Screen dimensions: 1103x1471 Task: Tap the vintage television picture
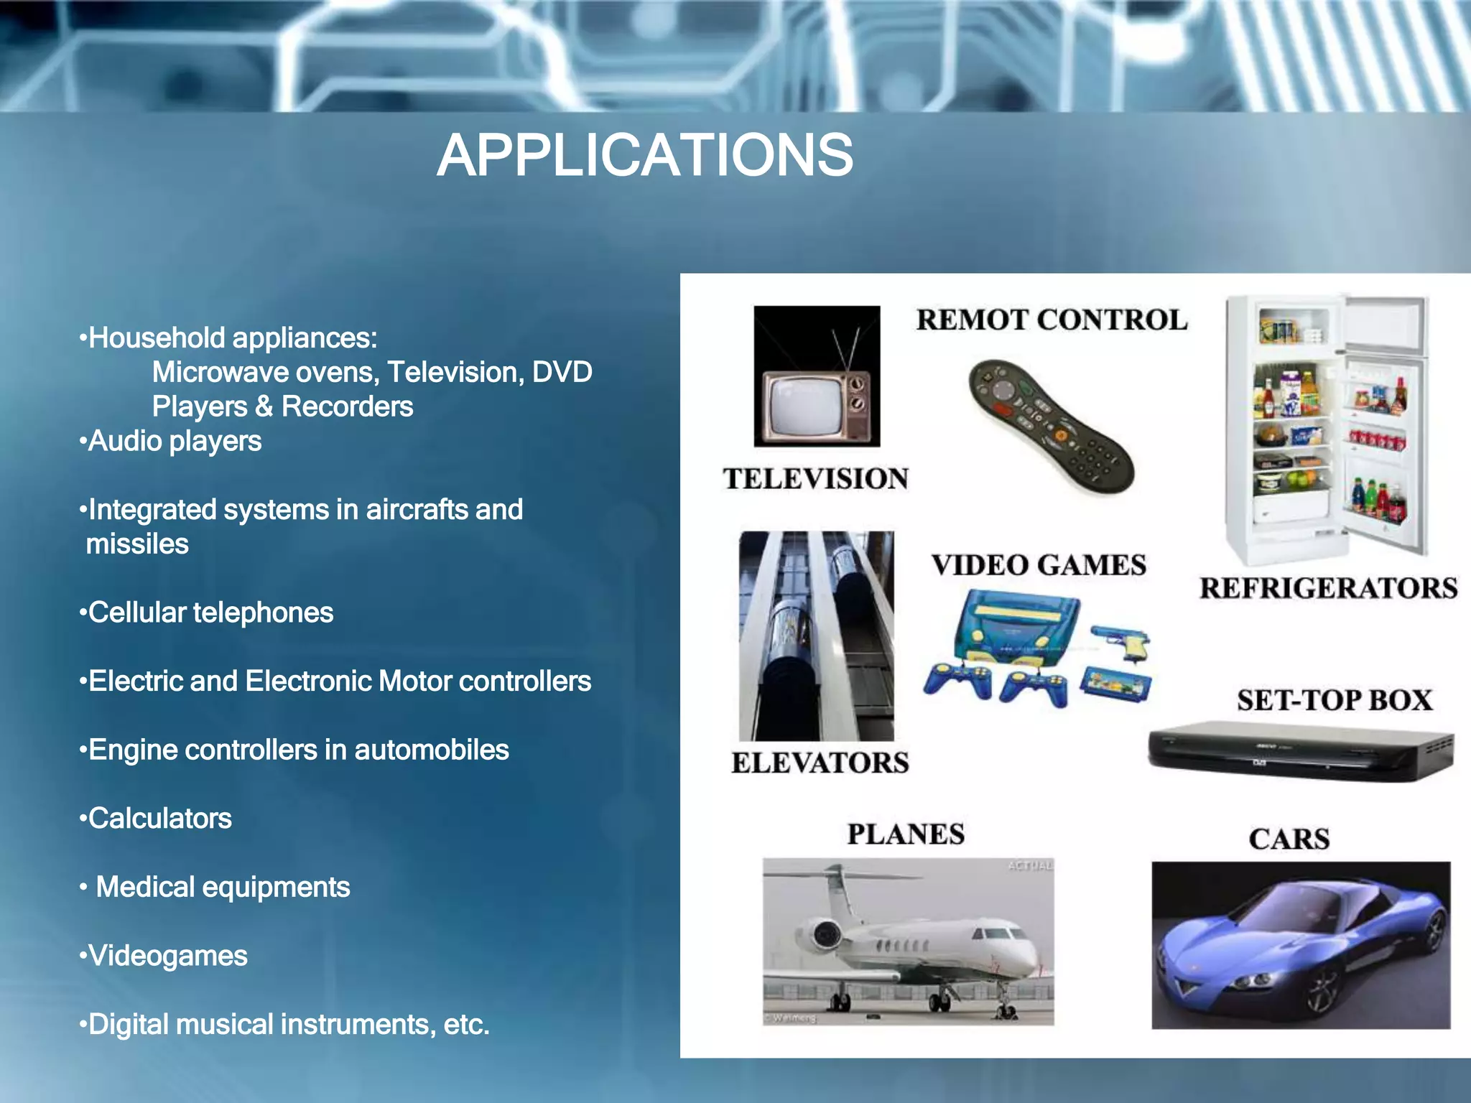point(817,376)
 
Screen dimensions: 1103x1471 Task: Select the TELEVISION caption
point(816,479)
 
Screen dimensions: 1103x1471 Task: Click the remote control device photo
point(1051,426)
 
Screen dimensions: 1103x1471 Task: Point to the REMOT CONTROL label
point(1052,320)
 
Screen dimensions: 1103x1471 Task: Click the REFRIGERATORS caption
point(1328,588)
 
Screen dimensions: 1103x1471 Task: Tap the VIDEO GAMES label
point(1039,565)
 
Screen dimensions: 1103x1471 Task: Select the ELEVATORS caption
point(820,763)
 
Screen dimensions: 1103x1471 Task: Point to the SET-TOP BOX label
point(1335,700)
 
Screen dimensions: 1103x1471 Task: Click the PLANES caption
point(906,834)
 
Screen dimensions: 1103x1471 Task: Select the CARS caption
point(1289,839)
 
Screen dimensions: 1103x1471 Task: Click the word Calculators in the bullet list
point(159,819)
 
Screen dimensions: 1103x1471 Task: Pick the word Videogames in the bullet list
point(167,956)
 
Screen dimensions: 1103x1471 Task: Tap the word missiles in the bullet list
point(137,544)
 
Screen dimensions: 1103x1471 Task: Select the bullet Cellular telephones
point(210,613)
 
